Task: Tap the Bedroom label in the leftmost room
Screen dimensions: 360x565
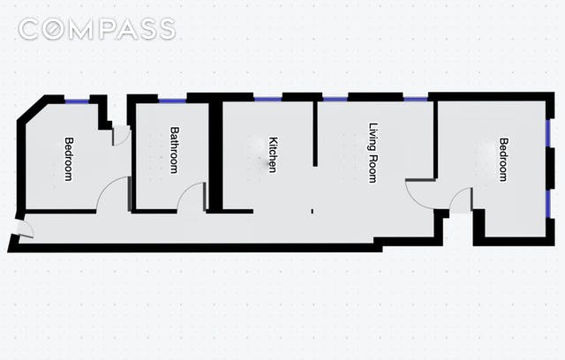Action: tap(68, 159)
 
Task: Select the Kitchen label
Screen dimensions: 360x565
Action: tap(273, 154)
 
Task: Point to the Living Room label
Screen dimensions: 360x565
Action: tap(373, 152)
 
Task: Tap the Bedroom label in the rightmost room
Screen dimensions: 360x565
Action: tap(503, 159)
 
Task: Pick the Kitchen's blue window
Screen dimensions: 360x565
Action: tap(267, 98)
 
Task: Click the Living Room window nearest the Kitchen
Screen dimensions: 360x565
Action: tap(335, 98)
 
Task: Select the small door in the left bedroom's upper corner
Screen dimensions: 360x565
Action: tap(121, 136)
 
